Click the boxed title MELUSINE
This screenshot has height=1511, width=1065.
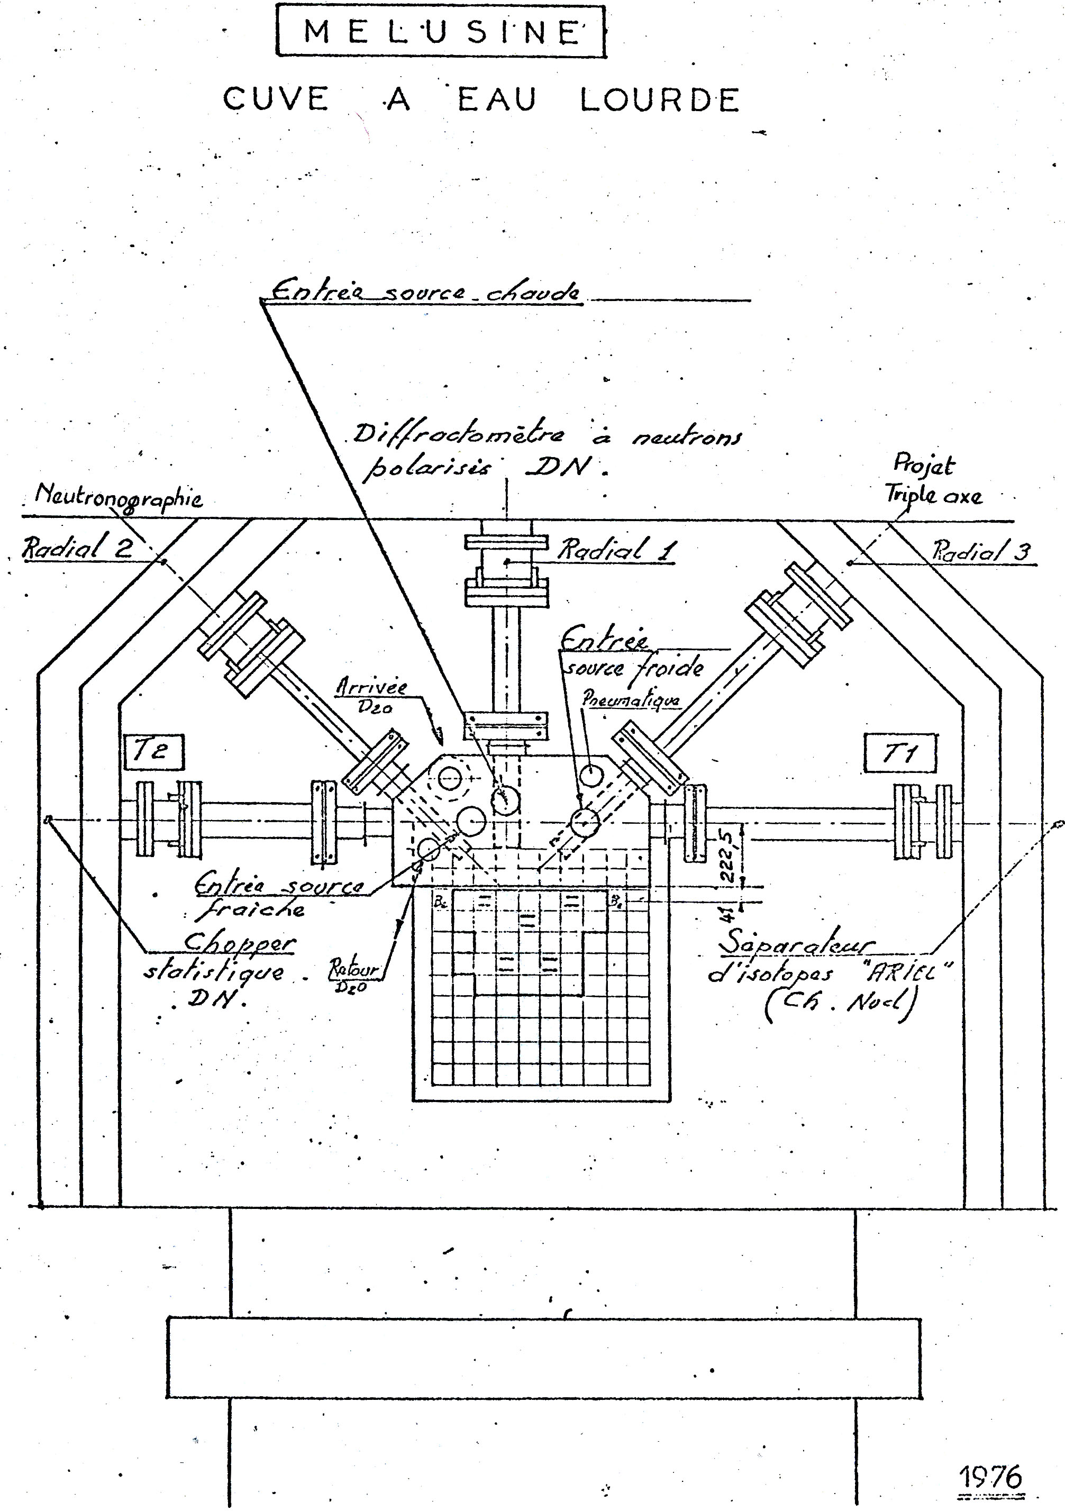coord(440,32)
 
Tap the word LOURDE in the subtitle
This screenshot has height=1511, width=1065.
coord(660,100)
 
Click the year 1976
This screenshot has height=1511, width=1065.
coord(990,1478)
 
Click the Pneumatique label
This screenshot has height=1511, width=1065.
coord(631,699)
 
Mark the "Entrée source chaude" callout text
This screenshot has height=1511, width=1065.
coord(426,292)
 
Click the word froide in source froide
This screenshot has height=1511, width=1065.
coord(669,668)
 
